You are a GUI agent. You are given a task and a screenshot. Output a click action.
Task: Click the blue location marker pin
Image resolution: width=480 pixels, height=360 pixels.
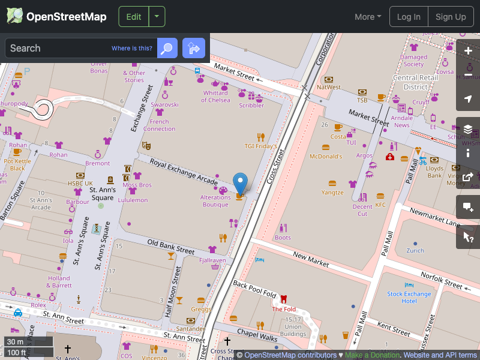[x=240, y=182]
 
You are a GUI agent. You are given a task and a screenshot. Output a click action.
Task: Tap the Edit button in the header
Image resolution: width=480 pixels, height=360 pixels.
[x=134, y=17]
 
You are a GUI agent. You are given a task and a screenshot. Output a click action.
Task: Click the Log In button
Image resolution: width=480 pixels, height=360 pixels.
[x=409, y=17]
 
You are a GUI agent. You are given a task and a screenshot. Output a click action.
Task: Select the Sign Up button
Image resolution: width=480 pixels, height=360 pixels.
[x=451, y=17]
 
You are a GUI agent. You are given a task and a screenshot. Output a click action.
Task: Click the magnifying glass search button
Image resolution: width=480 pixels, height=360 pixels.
[x=167, y=48]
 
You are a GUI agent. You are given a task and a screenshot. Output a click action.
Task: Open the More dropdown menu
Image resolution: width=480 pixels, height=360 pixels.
[x=367, y=17]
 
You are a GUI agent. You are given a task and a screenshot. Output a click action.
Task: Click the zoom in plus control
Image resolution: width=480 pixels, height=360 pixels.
[x=468, y=51]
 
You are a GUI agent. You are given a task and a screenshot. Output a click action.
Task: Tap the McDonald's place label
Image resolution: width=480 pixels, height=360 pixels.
[x=325, y=157]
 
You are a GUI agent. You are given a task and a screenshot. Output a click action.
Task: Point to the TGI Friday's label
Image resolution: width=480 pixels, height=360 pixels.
[x=260, y=146]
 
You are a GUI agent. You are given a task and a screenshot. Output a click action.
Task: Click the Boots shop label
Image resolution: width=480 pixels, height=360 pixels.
[x=282, y=238]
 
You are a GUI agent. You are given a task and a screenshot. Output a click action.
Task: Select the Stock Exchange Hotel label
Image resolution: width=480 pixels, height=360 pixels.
[x=409, y=294]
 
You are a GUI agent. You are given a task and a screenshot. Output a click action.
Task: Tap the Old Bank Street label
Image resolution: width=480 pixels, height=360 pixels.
[x=171, y=247]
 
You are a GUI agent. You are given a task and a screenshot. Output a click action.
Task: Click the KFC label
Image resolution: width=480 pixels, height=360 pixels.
[x=380, y=205]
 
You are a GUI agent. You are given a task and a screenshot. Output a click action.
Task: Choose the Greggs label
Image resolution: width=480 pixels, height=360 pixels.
[x=200, y=309]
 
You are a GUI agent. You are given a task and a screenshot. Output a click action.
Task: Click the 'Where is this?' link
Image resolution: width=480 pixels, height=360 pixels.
[x=131, y=48]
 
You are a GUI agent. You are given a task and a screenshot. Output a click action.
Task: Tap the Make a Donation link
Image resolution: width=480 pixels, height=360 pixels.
[x=372, y=355]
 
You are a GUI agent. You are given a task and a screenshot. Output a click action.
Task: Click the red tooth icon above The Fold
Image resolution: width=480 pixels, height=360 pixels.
[x=284, y=299]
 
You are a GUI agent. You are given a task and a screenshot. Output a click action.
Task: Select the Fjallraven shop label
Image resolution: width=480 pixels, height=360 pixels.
[x=212, y=260]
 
